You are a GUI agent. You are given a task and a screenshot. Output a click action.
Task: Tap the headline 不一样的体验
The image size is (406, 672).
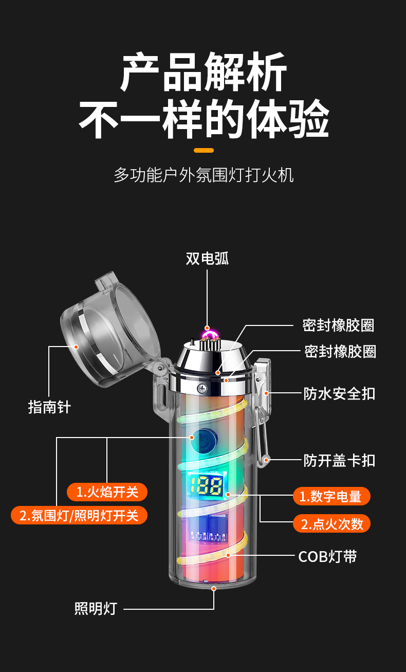[x=203, y=119]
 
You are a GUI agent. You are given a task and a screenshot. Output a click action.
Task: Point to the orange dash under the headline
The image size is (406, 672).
[x=204, y=150]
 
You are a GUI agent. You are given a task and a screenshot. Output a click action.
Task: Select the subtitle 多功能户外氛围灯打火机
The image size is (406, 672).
[x=204, y=175]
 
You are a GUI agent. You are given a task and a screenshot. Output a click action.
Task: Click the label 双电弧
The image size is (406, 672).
[x=207, y=258]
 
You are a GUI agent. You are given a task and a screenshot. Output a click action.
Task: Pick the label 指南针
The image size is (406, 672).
[x=49, y=407]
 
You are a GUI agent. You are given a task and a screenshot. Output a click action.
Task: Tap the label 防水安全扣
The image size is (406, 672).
[x=339, y=394]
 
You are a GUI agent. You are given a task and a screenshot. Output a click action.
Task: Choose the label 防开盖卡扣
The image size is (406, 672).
[x=339, y=460]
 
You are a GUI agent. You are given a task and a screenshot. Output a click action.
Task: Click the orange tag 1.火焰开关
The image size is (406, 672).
[x=107, y=492]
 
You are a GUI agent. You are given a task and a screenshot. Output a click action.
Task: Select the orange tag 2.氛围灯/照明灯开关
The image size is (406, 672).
[x=79, y=515]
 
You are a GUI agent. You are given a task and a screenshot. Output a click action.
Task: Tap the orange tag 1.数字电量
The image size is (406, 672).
[x=331, y=496]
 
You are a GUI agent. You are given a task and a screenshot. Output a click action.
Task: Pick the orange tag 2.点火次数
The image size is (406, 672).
[x=331, y=523]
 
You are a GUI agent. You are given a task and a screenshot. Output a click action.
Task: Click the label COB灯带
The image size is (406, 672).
[x=327, y=556]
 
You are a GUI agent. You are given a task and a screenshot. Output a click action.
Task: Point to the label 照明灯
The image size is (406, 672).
[x=96, y=609]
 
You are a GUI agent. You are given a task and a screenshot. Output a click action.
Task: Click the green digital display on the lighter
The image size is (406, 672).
[x=205, y=484]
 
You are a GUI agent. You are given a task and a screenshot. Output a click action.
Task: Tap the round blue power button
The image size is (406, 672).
[x=204, y=440]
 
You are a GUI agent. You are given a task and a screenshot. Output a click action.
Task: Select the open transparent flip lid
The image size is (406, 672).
[x=110, y=329]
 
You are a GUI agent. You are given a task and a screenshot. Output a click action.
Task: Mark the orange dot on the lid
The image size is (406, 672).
[x=76, y=347]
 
